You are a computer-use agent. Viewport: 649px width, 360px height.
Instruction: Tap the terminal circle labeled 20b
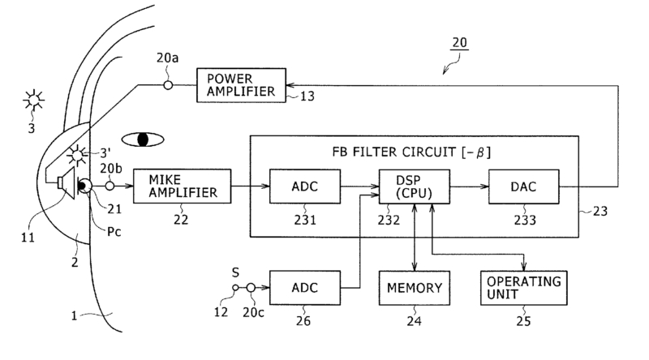click(x=110, y=186)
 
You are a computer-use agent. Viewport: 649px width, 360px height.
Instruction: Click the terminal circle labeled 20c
click(x=251, y=287)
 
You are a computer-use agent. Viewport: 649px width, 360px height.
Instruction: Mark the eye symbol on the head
click(x=143, y=139)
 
